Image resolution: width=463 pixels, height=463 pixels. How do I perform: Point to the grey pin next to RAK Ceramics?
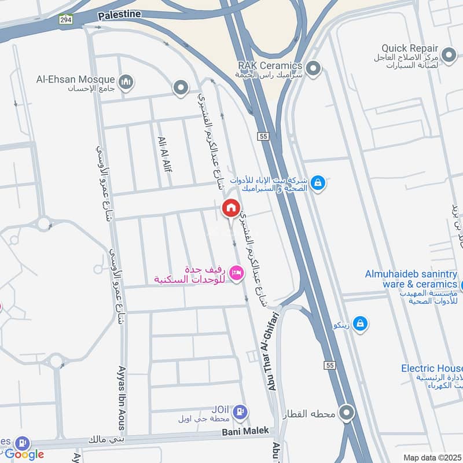[314, 69]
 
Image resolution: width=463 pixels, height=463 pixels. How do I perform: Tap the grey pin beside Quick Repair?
[448, 56]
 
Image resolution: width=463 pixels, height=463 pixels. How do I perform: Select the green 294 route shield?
[65, 19]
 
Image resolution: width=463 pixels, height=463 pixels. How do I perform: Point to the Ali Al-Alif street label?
[164, 154]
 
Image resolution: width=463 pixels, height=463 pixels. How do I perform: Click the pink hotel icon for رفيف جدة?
[236, 271]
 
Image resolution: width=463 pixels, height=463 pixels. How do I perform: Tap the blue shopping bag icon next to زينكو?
[360, 324]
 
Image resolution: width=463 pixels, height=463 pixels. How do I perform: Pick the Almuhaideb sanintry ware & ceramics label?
[411, 279]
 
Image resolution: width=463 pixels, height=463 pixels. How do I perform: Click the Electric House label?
[432, 368]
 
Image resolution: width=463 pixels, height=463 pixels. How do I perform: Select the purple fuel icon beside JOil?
[241, 411]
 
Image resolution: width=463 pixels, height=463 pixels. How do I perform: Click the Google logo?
[24, 454]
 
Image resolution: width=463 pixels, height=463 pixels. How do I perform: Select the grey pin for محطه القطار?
[347, 413]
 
